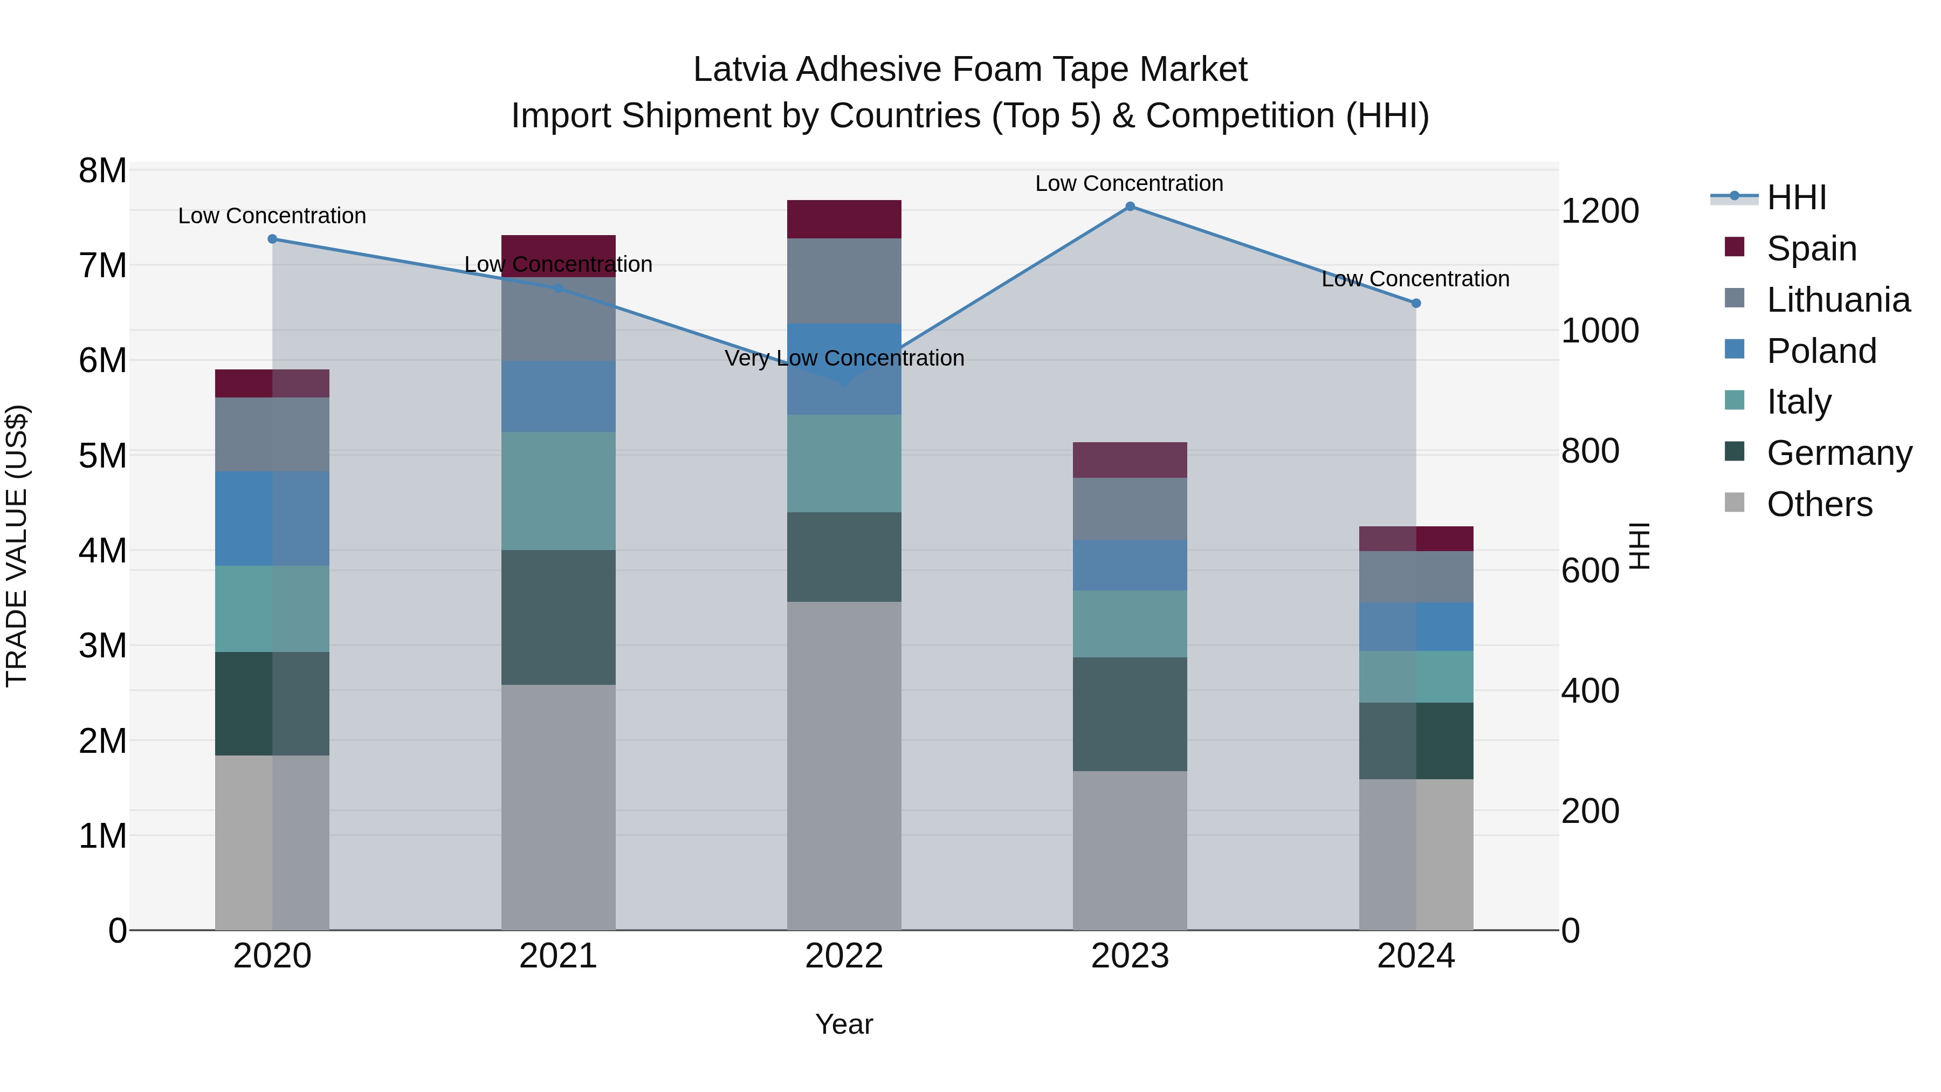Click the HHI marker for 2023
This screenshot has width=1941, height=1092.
(1130, 207)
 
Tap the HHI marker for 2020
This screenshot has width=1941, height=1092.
(273, 239)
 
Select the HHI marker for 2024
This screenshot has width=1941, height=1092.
(1416, 303)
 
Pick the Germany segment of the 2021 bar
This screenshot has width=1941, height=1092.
(559, 617)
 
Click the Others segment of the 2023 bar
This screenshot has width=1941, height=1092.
(1130, 850)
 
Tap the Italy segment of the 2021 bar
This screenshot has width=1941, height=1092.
(559, 491)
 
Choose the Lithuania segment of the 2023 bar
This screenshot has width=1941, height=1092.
(1130, 509)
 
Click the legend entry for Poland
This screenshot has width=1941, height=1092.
(1821, 351)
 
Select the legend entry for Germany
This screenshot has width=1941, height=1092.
(1839, 454)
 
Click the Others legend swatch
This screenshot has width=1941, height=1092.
(1734, 504)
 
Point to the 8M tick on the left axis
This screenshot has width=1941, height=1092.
(103, 171)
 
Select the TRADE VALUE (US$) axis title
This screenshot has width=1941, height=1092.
(17, 546)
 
